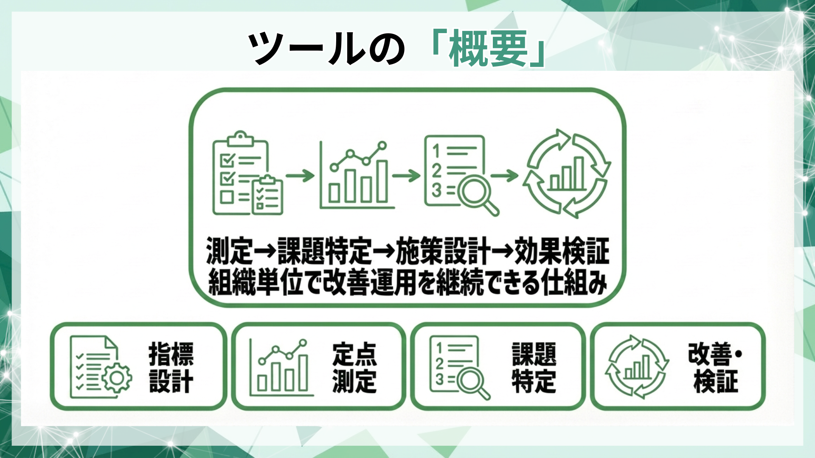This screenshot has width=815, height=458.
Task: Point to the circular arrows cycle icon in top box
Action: tap(567, 173)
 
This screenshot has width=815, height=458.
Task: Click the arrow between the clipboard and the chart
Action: tap(300, 175)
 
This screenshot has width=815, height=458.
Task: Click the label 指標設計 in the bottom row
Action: tap(171, 367)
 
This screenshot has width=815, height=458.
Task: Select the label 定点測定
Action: tap(354, 367)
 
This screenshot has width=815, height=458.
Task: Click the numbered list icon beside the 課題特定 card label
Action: tap(458, 367)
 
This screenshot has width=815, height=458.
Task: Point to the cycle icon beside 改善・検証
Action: tap(637, 367)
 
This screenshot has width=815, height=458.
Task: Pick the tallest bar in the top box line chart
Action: tap(382, 181)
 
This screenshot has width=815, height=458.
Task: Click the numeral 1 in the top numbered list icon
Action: tap(436, 151)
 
